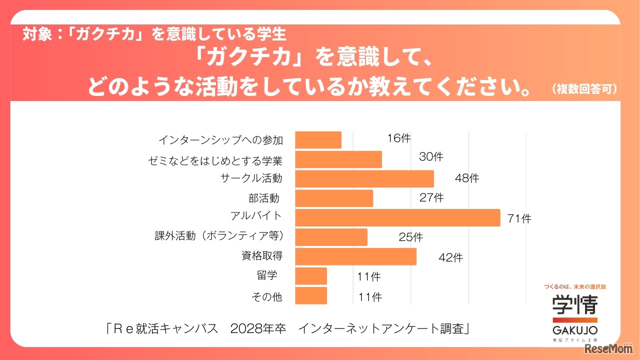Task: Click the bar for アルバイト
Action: tap(397, 218)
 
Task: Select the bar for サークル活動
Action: tap(364, 179)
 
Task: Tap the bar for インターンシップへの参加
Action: tap(318, 140)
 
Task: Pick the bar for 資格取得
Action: tap(355, 256)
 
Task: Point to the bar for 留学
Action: tap(311, 276)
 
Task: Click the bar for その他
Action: tap(311, 295)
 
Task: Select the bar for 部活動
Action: tap(334, 198)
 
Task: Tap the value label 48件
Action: tap(466, 178)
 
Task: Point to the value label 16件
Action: tap(398, 138)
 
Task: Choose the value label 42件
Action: tap(450, 257)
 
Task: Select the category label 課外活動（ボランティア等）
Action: tap(219, 235)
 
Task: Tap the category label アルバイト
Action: tap(256, 215)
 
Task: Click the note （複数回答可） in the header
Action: tap(584, 89)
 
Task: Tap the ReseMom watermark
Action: tap(611, 348)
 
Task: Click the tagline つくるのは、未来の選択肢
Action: tap(574, 287)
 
